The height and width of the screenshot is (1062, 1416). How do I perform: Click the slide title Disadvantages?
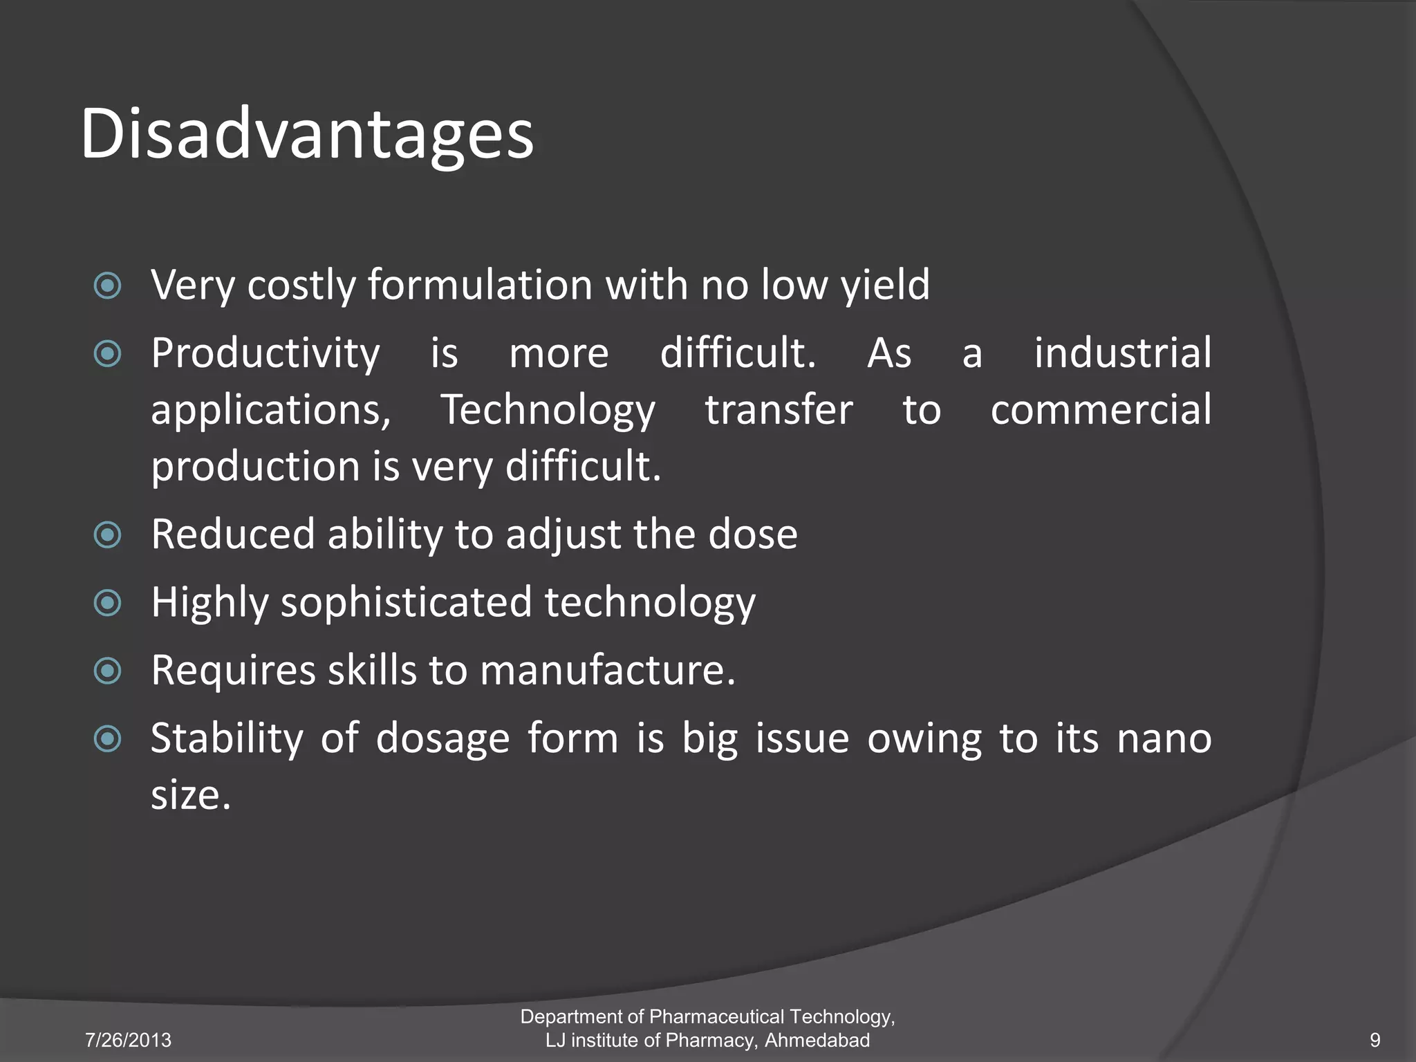pyautogui.click(x=307, y=134)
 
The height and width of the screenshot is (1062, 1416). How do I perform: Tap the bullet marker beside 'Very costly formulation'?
pyautogui.click(x=108, y=286)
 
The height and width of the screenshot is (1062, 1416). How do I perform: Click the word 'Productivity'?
pyautogui.click(x=265, y=353)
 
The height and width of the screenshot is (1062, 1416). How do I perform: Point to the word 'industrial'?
pyautogui.click(x=1122, y=353)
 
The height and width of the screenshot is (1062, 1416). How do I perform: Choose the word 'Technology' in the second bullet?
pyautogui.click(x=548, y=410)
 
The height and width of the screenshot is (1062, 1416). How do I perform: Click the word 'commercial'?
pyautogui.click(x=1101, y=410)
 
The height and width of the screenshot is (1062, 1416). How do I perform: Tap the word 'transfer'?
pyautogui.click(x=779, y=410)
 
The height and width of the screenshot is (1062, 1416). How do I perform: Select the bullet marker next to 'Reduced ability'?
pyautogui.click(x=108, y=534)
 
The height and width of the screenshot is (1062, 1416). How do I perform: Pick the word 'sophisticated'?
pyautogui.click(x=406, y=602)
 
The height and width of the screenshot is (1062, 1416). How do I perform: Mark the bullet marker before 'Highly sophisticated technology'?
pyautogui.click(x=108, y=603)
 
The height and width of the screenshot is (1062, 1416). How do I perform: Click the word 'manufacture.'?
pyautogui.click(x=607, y=670)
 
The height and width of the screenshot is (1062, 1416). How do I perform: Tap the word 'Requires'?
pyautogui.click(x=233, y=670)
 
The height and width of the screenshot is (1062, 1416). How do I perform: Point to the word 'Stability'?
pyautogui.click(x=227, y=738)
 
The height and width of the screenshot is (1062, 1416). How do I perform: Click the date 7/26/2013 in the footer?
pyautogui.click(x=128, y=1040)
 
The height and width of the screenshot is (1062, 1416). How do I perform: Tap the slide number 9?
pyautogui.click(x=1375, y=1040)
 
